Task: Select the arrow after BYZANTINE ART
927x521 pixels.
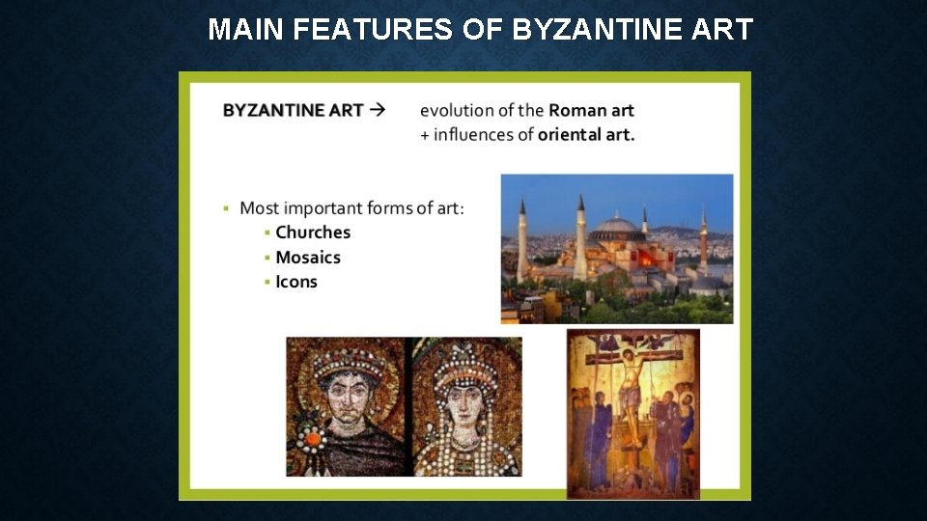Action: click(x=378, y=109)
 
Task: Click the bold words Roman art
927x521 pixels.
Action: click(x=591, y=110)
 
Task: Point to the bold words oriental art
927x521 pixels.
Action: click(x=586, y=134)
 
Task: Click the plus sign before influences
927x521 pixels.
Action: click(x=425, y=134)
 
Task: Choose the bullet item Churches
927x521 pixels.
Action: click(x=313, y=232)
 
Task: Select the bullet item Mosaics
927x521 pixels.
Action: click(x=308, y=257)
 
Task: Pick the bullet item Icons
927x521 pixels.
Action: click(x=296, y=282)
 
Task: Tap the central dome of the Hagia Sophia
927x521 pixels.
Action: click(x=617, y=227)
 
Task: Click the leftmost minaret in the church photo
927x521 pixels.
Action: click(x=522, y=241)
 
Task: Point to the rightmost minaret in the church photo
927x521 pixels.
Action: click(x=704, y=240)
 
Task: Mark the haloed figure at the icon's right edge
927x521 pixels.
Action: click(x=687, y=425)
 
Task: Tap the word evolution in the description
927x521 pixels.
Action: click(x=456, y=110)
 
